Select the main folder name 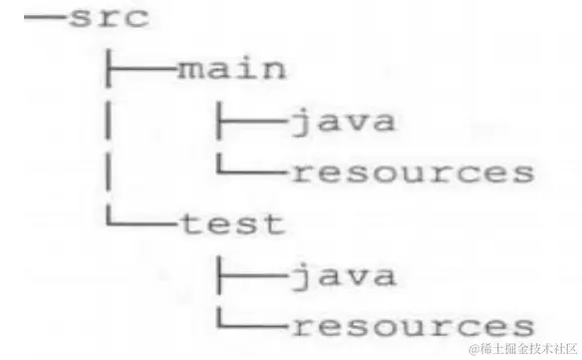(x=232, y=70)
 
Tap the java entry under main (x=342, y=122)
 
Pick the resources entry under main (x=412, y=174)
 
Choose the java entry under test (x=342, y=274)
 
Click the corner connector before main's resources (x=250, y=172)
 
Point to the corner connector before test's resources (x=250, y=324)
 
